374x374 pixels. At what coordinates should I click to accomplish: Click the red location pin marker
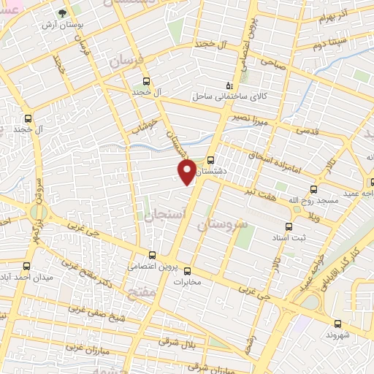tap(187, 170)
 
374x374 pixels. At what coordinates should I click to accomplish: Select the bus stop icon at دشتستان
tap(210, 160)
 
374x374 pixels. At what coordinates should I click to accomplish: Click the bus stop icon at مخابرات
tap(187, 269)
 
